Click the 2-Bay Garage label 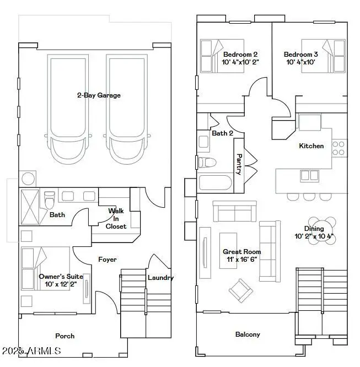coord(99,95)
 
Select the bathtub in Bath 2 coord(215,183)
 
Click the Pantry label coord(239,164)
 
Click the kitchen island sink coord(305,176)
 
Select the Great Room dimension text coord(243,259)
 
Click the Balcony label coord(248,334)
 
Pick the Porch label coord(65,336)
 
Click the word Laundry coord(160,278)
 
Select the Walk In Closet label coord(116,218)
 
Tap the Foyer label coord(107,259)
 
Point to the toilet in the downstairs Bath coord(49,197)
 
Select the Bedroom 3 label coord(301,55)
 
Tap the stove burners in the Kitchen coord(339,147)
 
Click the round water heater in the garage coord(27,179)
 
